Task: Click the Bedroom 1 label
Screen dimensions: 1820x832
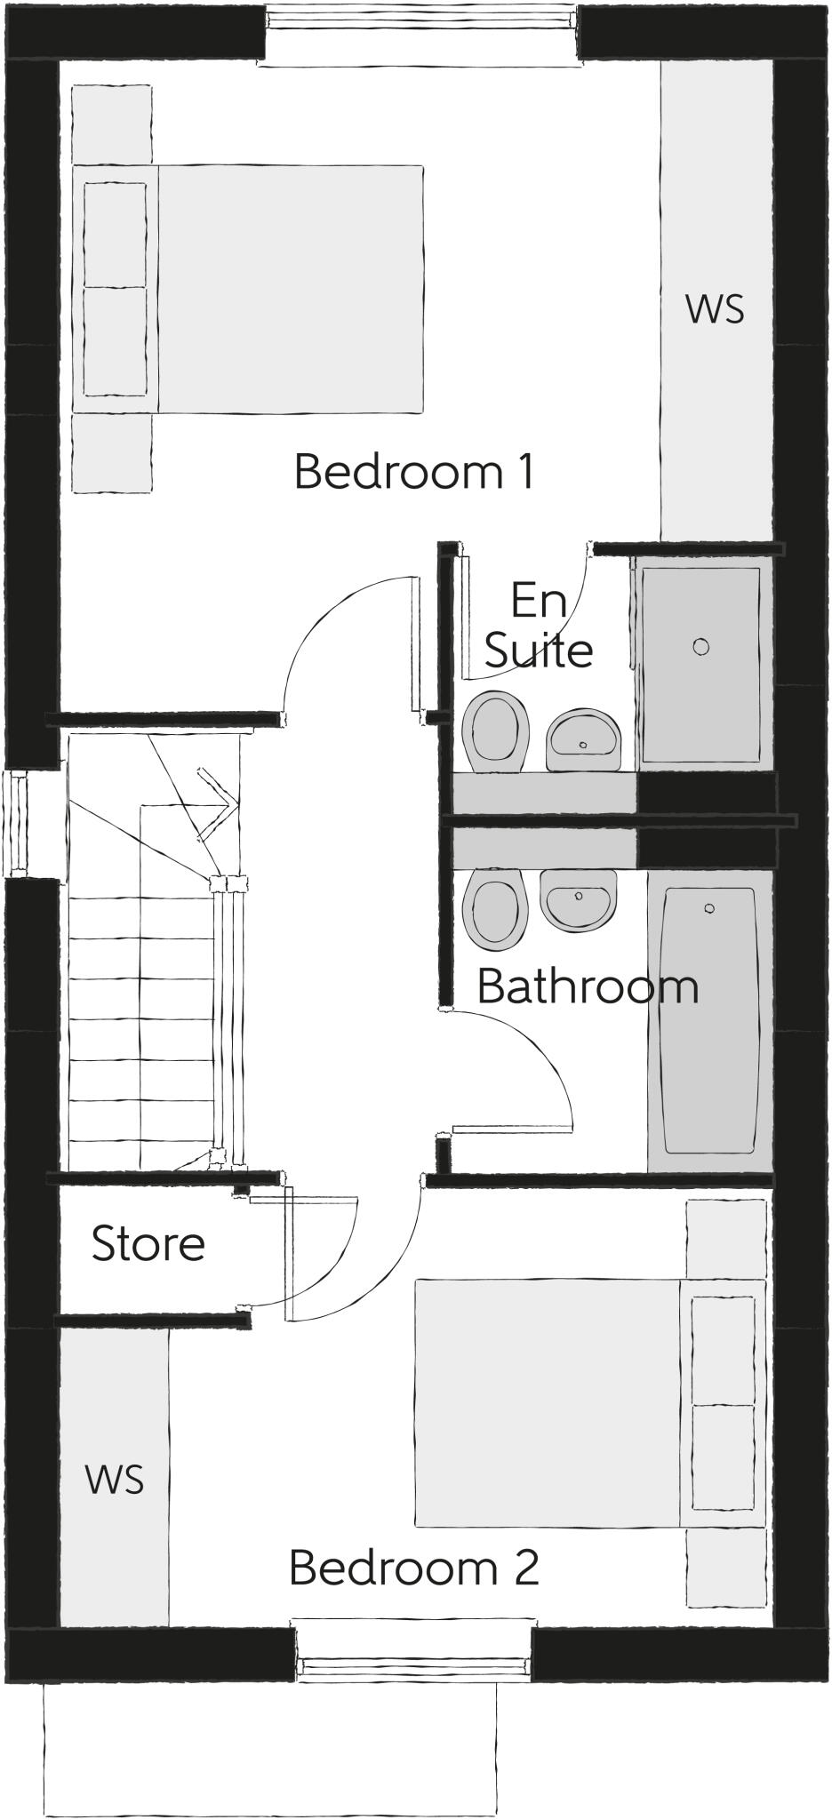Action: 414,472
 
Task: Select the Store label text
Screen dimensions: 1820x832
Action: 148,1243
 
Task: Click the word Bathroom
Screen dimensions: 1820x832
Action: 588,986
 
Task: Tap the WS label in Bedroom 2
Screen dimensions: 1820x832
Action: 115,1480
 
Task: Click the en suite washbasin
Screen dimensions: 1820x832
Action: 583,739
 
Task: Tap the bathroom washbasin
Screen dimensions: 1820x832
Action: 578,899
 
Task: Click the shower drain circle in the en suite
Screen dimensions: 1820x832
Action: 701,646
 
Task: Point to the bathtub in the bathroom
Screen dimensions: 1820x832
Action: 709,1022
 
